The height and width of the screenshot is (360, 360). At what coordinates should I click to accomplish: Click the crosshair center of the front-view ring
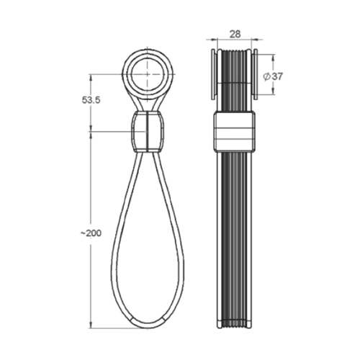[x=149, y=74]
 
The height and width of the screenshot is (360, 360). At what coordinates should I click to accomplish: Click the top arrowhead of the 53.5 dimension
[x=91, y=77]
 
